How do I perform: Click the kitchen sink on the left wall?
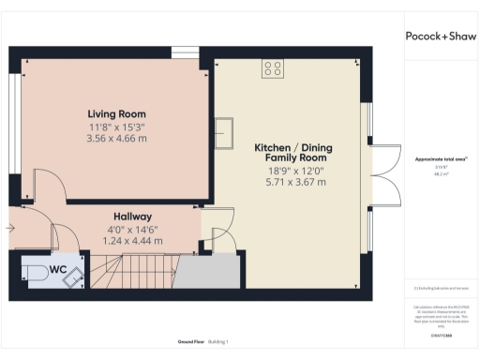(x=224, y=131)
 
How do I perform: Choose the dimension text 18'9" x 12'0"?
(x=292, y=171)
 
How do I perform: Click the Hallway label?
(x=132, y=216)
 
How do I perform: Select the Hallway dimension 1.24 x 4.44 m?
(x=132, y=241)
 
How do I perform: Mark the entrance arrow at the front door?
(x=10, y=228)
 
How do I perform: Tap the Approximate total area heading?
(x=440, y=158)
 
